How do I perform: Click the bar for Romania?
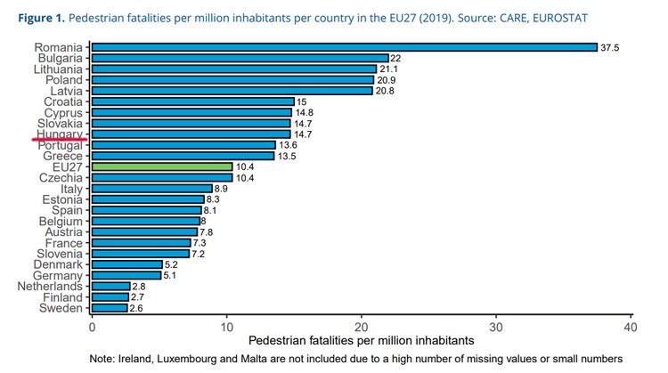pos(344,47)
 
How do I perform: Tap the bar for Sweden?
pos(110,308)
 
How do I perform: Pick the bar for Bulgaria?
pos(240,58)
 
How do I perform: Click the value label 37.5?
pos(610,47)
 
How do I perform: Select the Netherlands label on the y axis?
pos(50,287)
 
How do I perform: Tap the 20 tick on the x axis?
pos(362,327)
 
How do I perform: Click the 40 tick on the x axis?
pos(631,327)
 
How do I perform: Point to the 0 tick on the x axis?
pos(92,327)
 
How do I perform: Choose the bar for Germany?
pos(126,275)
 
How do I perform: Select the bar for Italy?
pos(151,189)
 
